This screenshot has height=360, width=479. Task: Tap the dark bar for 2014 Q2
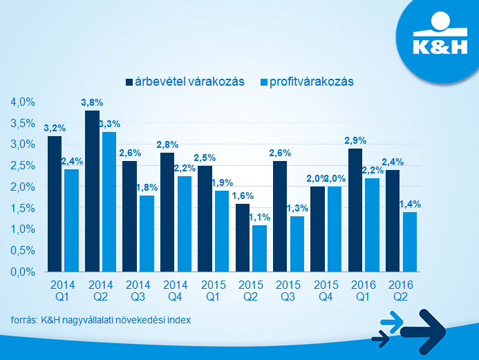92,191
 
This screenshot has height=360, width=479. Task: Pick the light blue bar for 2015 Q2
259,248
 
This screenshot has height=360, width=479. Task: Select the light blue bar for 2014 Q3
147,234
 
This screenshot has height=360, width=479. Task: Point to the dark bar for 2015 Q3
279,216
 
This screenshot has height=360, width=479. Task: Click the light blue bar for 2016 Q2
409,242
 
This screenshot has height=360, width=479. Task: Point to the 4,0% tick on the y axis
23,102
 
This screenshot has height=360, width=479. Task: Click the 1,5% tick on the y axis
23,208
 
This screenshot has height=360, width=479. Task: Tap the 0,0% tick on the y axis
23,272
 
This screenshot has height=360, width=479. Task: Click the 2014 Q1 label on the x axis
62,289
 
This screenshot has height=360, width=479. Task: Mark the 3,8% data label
92,103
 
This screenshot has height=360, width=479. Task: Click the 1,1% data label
260,217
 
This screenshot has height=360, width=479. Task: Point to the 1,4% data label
410,204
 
